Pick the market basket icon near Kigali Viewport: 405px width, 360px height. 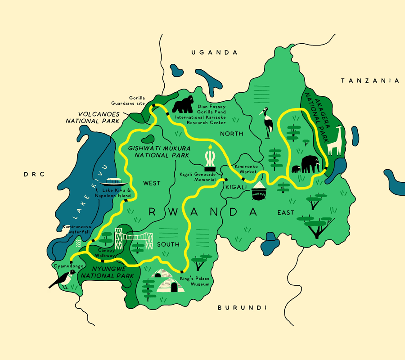click(259, 192)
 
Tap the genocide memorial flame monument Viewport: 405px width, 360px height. click(210, 158)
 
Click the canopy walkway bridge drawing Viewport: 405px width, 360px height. click(133, 238)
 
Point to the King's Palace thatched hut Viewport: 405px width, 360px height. click(171, 282)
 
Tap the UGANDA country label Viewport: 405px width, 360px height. click(214, 53)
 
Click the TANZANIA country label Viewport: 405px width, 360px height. click(370, 81)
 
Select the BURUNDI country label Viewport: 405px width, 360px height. click(242, 308)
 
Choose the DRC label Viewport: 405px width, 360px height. click(35, 174)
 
